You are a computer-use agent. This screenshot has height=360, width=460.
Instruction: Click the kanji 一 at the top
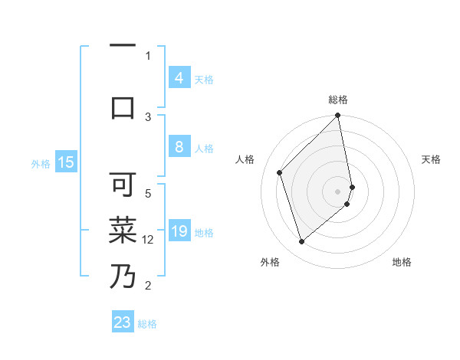tap(123, 46)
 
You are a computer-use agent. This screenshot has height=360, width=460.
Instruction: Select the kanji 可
tap(123, 184)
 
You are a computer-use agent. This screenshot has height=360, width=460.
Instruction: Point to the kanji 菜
tap(123, 229)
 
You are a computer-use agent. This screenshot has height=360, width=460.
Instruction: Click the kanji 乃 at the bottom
tap(123, 276)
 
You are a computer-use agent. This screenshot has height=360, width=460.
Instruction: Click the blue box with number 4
tap(179, 77)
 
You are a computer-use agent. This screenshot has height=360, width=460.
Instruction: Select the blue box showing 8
tap(179, 147)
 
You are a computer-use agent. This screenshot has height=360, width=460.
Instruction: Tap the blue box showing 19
tap(179, 231)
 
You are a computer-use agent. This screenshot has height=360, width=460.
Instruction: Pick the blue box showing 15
tap(65, 162)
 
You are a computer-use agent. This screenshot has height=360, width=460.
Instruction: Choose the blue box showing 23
tap(123, 322)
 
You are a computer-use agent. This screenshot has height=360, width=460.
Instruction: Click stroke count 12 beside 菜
tap(148, 240)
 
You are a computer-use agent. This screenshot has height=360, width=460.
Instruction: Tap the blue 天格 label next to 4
tap(204, 79)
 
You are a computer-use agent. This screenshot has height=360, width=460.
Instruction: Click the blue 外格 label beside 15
tap(41, 163)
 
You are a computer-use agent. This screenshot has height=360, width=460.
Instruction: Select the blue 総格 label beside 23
tap(147, 324)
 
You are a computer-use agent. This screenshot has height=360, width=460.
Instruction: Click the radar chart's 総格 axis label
tap(338, 100)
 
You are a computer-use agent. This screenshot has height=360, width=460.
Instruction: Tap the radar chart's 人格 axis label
tap(245, 159)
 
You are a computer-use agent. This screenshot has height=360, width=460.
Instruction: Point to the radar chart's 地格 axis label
tap(402, 262)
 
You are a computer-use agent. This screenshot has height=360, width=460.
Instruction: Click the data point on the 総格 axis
tap(338, 116)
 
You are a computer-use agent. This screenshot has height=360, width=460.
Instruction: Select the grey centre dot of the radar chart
tap(338, 191)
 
